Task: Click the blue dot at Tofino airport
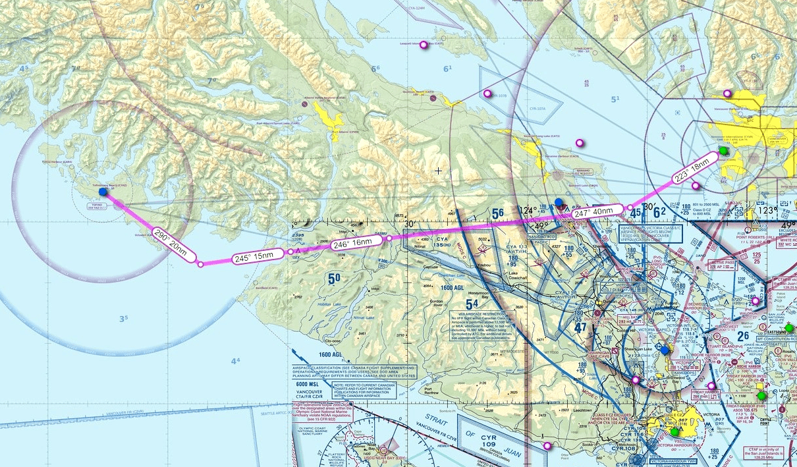coord(103,192)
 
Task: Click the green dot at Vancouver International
coord(724,151)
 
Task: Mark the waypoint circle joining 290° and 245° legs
coord(200,263)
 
